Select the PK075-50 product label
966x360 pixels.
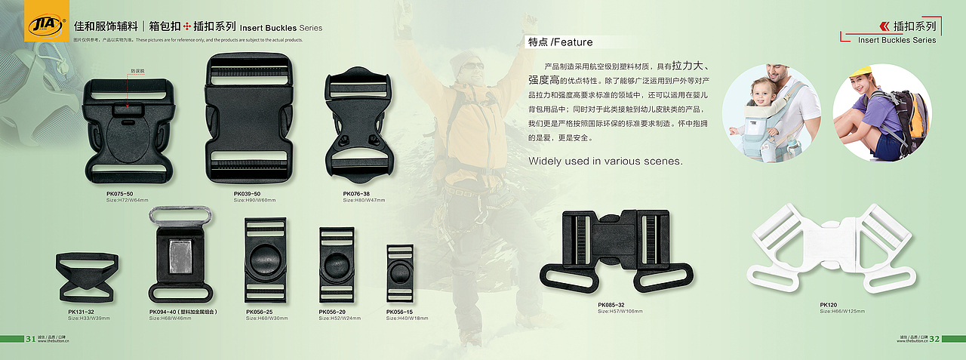click(x=120, y=194)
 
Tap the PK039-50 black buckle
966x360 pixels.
click(x=248, y=121)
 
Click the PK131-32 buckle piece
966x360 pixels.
click(x=88, y=277)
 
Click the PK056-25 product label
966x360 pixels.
click(x=259, y=312)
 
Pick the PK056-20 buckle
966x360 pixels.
click(x=337, y=264)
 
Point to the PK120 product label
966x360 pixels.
click(x=829, y=306)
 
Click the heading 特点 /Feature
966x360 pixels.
click(x=561, y=42)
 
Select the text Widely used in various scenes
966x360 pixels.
click(x=605, y=161)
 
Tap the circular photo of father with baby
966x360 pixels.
click(x=771, y=112)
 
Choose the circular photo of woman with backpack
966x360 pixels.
click(x=881, y=112)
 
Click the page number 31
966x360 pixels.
click(x=31, y=338)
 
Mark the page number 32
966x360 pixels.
click(x=934, y=338)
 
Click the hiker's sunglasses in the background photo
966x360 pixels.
click(x=473, y=66)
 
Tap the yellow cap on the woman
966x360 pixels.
click(x=862, y=72)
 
